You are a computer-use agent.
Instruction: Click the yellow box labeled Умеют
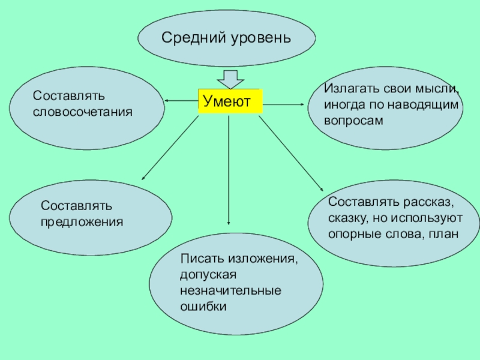click(x=230, y=101)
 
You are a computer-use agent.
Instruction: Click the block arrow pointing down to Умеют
click(x=229, y=79)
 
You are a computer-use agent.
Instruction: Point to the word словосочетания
click(x=82, y=112)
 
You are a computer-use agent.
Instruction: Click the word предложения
click(x=82, y=221)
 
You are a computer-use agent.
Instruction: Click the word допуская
click(x=209, y=275)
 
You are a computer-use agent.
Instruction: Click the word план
click(x=443, y=233)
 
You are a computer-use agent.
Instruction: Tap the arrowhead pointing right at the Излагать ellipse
click(x=302, y=104)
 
